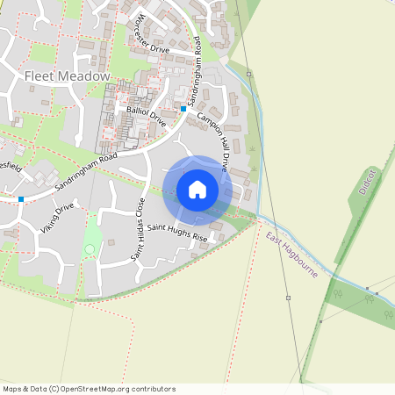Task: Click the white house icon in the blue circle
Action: pyautogui.click(x=197, y=190)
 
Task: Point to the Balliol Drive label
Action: pyautogui.click(x=146, y=116)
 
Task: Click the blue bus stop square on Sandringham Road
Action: pyautogui.click(x=183, y=109)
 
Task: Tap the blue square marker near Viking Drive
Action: pyautogui.click(x=21, y=199)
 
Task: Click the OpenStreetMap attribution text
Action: pyautogui.click(x=89, y=389)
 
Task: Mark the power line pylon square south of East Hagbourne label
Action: pyautogui.click(x=288, y=298)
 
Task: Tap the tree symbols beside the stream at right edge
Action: pyautogui.click(x=369, y=298)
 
